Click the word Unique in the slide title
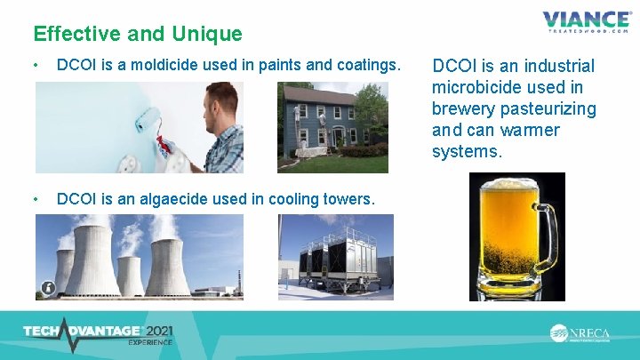click(210, 34)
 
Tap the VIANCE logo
click(588, 20)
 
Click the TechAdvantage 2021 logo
click(98, 334)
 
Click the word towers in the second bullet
click(350, 199)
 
